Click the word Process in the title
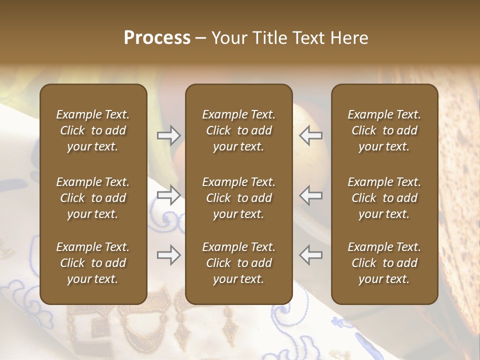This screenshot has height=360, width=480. [x=157, y=38]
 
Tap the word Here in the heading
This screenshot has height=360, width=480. [x=349, y=38]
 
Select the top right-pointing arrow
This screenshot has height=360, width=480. [x=168, y=135]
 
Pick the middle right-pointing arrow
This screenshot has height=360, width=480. [x=168, y=195]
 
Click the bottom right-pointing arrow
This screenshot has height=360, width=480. [x=168, y=255]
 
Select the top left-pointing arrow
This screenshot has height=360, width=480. [x=311, y=135]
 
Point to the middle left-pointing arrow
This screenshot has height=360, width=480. [x=311, y=195]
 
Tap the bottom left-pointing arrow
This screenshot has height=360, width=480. [x=311, y=255]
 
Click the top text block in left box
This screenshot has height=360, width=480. [x=93, y=130]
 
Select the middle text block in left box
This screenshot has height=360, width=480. [x=93, y=198]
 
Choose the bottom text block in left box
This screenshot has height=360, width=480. [x=93, y=263]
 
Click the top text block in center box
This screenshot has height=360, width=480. [x=238, y=130]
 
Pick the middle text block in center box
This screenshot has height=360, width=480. [x=238, y=198]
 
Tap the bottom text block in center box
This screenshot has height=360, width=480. [x=238, y=263]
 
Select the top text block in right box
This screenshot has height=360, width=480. [x=384, y=130]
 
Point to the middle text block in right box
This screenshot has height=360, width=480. [x=384, y=198]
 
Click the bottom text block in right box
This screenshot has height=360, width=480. [x=384, y=263]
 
